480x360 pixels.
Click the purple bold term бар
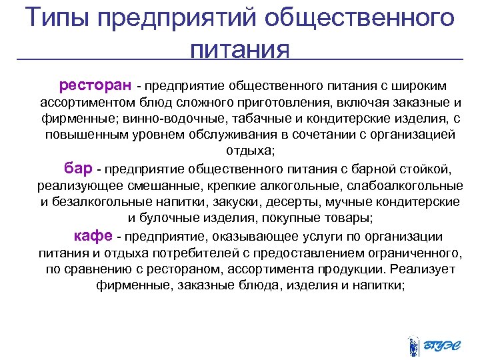(x=79, y=166)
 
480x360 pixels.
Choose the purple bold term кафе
(x=93, y=236)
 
